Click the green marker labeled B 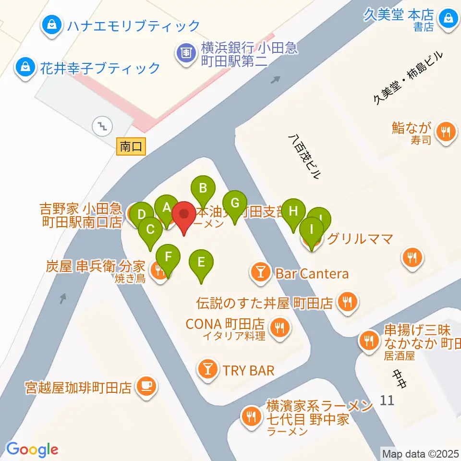203,188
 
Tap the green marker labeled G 234,203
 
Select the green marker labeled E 201,263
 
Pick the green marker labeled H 293,211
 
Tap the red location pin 185,216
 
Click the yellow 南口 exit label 131,146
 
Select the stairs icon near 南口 102,126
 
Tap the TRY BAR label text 248,370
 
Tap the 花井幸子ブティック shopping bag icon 24,67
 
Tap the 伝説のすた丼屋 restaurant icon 347,302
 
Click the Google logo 32,450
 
